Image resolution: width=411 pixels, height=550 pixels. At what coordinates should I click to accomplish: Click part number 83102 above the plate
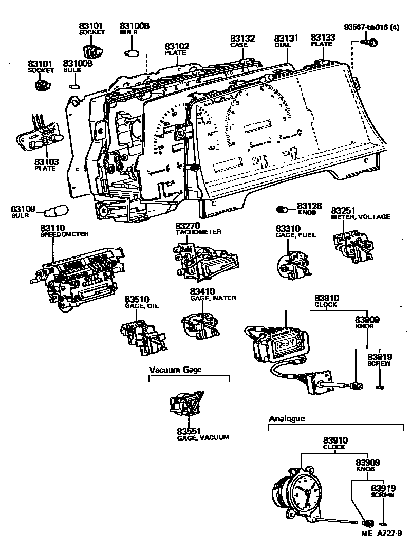pyautogui.click(x=177, y=46)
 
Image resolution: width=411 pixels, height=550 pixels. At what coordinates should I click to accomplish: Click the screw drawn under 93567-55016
pyautogui.click(x=371, y=43)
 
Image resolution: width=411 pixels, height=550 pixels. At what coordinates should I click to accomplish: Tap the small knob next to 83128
pyautogui.click(x=282, y=209)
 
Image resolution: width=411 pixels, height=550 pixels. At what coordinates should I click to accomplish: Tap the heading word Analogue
pyautogui.click(x=287, y=418)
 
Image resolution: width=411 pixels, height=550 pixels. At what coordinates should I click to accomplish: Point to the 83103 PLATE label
pyautogui.click(x=47, y=164)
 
